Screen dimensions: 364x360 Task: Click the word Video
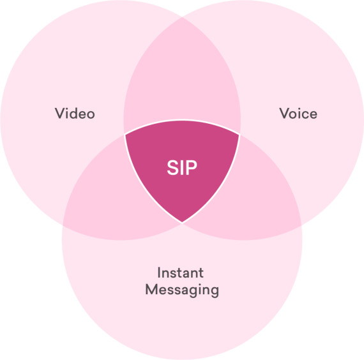pos(75,113)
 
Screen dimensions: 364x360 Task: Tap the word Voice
pos(298,113)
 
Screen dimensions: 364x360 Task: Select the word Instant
pos(180,273)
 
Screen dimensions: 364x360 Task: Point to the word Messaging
pos(182,290)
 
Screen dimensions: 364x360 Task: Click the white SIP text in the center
pos(182,167)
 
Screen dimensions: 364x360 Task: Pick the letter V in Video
pos(60,113)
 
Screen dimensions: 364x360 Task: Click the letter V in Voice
pos(284,113)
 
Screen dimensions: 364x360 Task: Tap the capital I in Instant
pos(159,273)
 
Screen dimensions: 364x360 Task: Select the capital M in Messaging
pos(151,289)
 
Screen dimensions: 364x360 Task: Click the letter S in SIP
pos(172,167)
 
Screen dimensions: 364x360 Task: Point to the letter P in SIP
pos(192,167)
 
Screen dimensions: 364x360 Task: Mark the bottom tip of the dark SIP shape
pos(182,223)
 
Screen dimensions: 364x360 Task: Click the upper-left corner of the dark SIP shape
pos(125,135)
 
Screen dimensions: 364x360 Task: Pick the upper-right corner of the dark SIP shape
pos(239,135)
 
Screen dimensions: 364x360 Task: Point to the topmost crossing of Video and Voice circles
pos(182,17)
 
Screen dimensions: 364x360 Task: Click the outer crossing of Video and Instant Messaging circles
pos(63,225)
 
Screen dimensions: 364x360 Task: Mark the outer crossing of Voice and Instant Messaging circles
pos(301,225)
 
